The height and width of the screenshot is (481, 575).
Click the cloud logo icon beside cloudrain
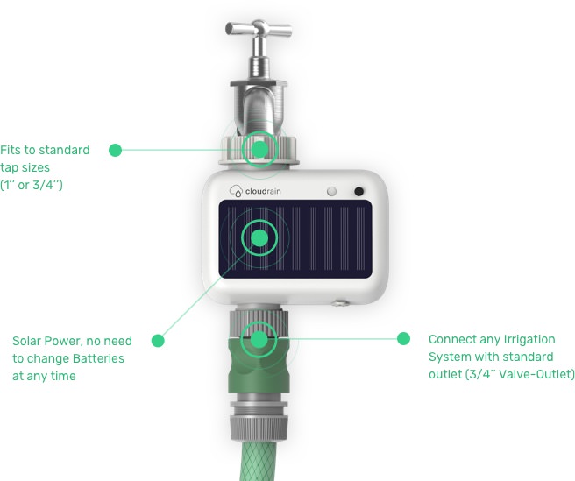click(235, 191)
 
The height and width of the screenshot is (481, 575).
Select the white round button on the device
click(331, 191)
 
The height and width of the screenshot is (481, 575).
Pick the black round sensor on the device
click(358, 192)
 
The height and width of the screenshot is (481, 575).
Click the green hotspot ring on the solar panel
click(259, 237)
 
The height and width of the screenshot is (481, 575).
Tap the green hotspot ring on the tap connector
click(259, 148)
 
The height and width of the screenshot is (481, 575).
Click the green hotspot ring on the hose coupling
click(259, 337)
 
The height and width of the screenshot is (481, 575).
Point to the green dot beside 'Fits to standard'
click(115, 150)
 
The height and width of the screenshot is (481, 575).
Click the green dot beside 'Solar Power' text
click(158, 340)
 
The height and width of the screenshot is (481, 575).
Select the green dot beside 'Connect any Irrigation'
click(404, 338)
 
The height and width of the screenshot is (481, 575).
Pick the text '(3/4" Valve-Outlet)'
click(501, 374)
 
